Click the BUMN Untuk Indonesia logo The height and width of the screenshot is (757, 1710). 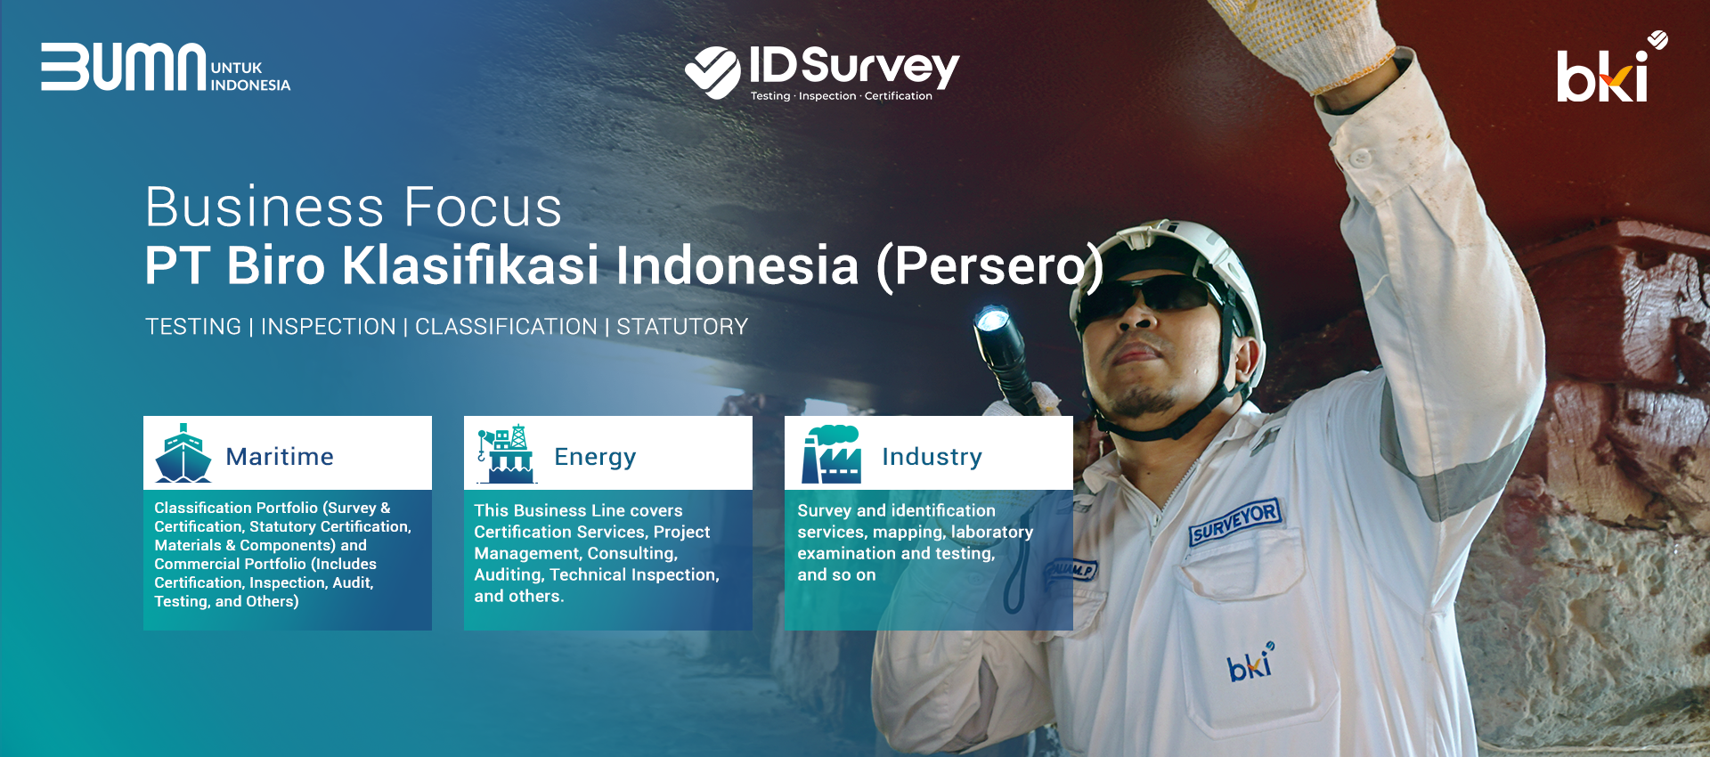166,67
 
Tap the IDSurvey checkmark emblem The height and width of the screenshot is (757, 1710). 712,71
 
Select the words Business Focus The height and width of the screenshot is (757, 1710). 354,207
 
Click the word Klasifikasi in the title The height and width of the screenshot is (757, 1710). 470,265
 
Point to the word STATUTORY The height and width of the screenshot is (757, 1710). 682,327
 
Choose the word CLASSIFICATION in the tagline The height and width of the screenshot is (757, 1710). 506,327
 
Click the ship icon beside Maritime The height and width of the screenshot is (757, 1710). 183,453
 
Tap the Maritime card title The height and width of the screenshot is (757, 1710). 280,457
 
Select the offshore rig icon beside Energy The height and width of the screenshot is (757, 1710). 506,454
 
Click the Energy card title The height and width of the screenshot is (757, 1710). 595,458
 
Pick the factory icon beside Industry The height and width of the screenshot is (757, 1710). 831,454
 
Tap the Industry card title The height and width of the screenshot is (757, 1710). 932,457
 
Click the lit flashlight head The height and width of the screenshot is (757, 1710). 993,323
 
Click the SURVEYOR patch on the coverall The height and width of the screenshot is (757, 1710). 1235,521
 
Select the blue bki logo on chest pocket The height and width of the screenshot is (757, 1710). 1250,663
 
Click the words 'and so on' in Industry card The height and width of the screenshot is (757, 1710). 836,575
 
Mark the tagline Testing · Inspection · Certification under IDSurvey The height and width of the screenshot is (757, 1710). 841,96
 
